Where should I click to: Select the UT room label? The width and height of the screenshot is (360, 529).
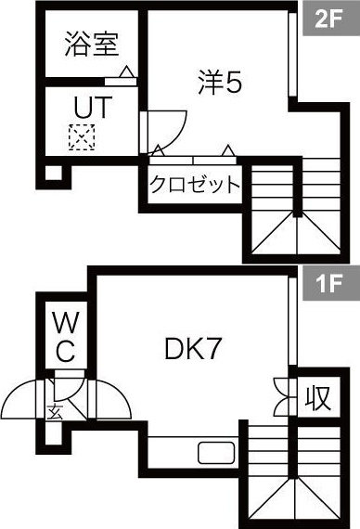click(x=91, y=107)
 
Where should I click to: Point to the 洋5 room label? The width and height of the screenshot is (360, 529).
click(x=220, y=84)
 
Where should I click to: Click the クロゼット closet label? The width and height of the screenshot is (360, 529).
click(x=195, y=184)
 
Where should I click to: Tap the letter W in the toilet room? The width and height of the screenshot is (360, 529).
click(x=64, y=324)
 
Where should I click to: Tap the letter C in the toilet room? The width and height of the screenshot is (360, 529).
click(x=64, y=352)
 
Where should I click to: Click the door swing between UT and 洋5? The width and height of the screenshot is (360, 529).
click(x=163, y=124)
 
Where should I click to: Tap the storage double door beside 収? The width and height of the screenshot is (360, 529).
click(x=283, y=397)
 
